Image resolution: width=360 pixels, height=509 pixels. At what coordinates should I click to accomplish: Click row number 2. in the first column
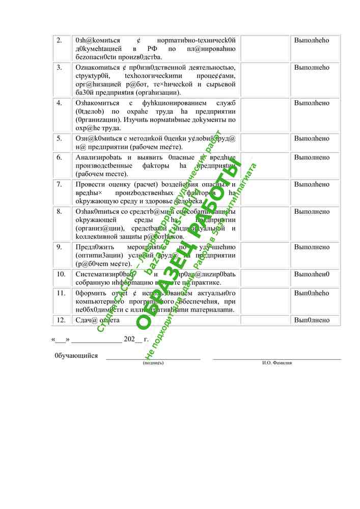pos(59,40)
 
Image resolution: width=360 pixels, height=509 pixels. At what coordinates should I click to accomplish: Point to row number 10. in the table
pos(61,274)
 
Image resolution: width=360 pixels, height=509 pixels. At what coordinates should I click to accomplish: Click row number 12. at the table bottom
pos(61,320)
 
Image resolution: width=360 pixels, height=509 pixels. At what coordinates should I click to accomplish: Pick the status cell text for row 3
pos(312,67)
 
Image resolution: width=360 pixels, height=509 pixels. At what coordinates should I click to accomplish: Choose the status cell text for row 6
pos(312,157)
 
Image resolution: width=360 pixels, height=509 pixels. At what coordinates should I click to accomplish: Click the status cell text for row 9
pos(312,247)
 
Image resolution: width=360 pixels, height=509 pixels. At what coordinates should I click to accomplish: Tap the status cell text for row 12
pos(312,320)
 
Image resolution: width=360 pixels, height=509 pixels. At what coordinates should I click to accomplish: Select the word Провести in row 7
pos(90,184)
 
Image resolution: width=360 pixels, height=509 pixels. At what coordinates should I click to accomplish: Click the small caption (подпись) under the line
pos(153,363)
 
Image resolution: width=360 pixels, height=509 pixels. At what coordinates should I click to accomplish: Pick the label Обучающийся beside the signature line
pos(76,356)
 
